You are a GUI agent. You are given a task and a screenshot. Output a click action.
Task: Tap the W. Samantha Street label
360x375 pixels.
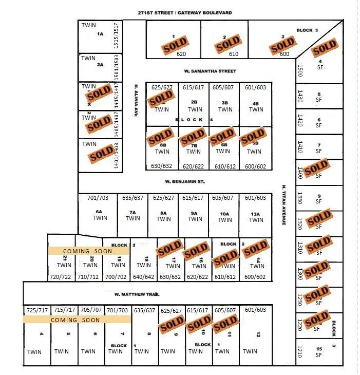click(210, 71)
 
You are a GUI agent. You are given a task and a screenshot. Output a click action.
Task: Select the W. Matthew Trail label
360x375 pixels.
click(137, 294)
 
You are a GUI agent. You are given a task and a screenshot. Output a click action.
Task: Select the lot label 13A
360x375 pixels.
click(256, 213)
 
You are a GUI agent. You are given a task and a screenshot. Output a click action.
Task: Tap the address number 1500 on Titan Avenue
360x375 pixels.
click(300, 70)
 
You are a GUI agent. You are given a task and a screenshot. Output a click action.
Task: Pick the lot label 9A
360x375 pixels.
click(195, 213)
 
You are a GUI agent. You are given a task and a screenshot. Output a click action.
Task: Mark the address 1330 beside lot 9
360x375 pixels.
click(300, 198)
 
